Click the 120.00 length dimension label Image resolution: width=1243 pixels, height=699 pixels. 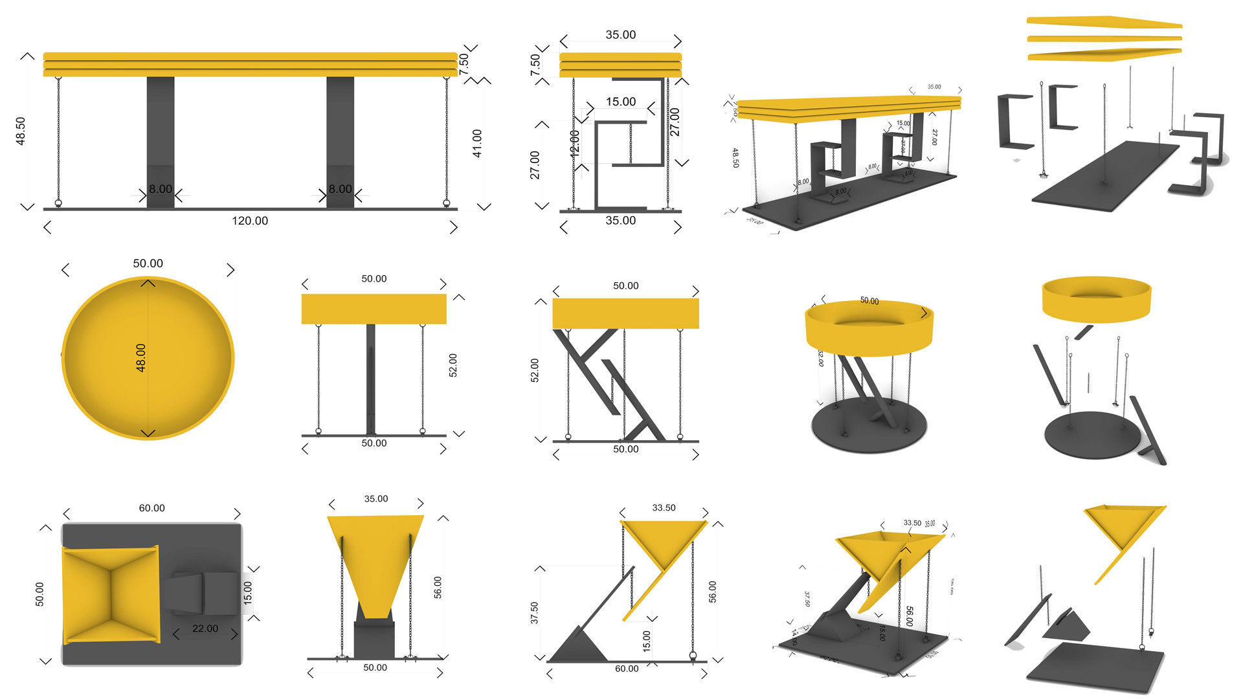(x=250, y=221)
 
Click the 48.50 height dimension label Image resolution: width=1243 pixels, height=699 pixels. (x=21, y=131)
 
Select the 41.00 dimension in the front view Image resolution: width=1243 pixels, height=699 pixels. (x=477, y=143)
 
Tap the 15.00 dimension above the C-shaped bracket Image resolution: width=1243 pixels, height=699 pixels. (x=620, y=102)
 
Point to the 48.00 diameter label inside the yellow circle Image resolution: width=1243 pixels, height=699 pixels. (x=140, y=357)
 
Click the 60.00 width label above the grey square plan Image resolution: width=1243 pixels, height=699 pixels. (x=151, y=508)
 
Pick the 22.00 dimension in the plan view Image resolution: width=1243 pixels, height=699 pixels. (x=205, y=628)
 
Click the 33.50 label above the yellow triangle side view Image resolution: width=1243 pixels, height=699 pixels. (x=664, y=508)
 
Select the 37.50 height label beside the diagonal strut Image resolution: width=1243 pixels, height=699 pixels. (x=534, y=613)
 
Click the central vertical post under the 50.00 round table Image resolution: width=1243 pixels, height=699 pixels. (x=371, y=379)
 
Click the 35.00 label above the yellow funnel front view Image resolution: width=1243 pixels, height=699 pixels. (x=375, y=499)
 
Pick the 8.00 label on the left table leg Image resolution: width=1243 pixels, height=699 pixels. (x=161, y=189)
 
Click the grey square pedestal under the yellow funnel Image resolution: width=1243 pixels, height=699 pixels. (x=374, y=639)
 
